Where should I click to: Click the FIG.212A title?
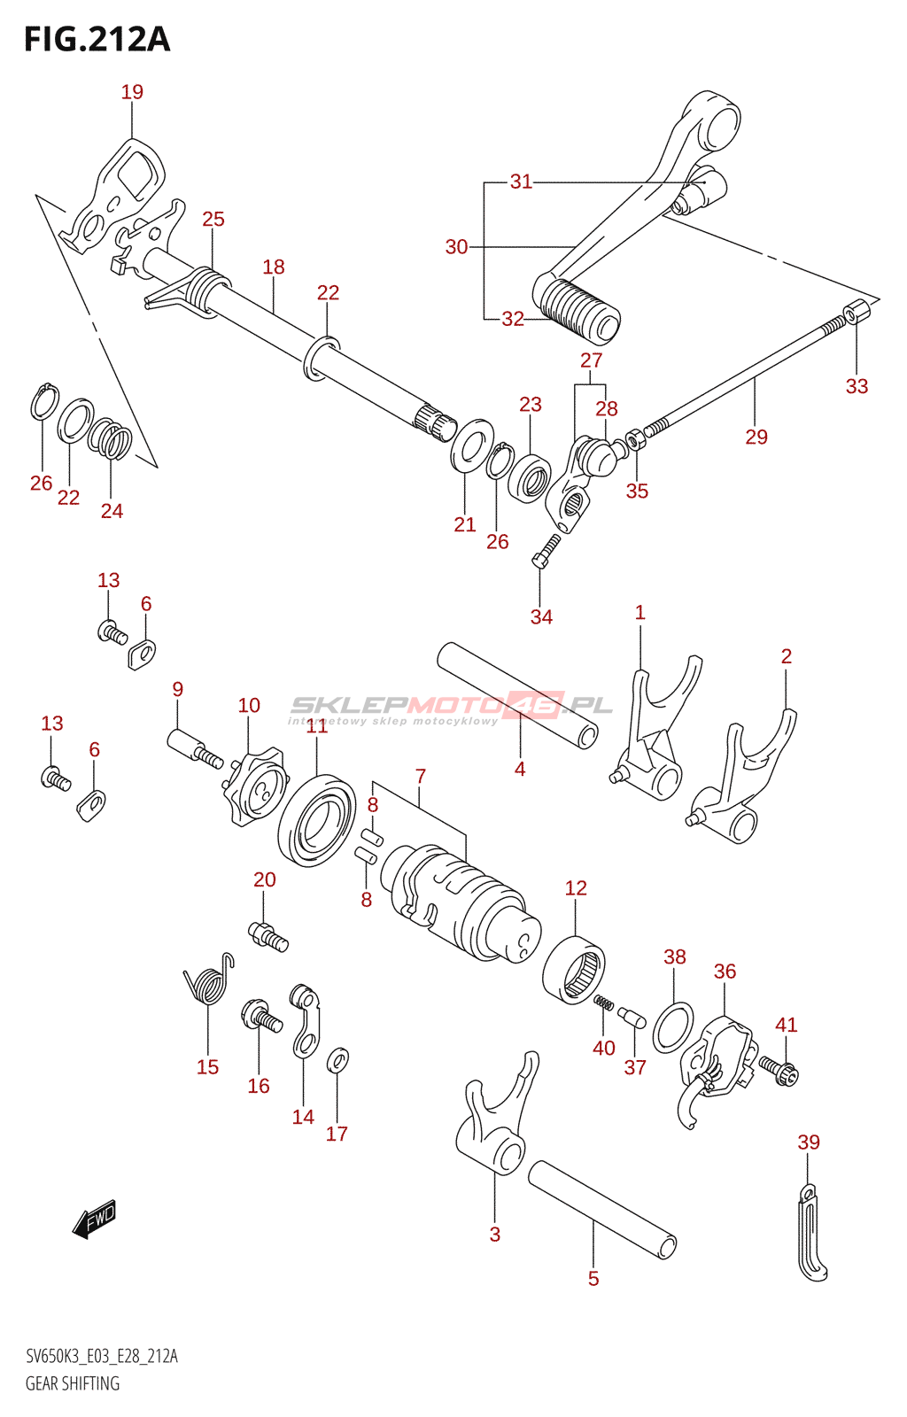pos(97,39)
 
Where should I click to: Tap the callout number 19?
pos(132,92)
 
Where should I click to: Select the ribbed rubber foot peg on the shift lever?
pos(578,310)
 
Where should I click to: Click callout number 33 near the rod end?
pos(857,386)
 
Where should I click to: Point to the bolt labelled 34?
pos(546,550)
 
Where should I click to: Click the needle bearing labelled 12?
pos(574,971)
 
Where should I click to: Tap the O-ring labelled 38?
pos(673,1027)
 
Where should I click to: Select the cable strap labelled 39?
pos(810,1235)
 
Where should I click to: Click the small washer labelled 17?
pos(337,1059)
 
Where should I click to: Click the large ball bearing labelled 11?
pos(316,819)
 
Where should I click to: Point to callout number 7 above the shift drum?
pos(421,777)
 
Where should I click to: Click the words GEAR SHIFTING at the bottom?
pos(73,1383)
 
